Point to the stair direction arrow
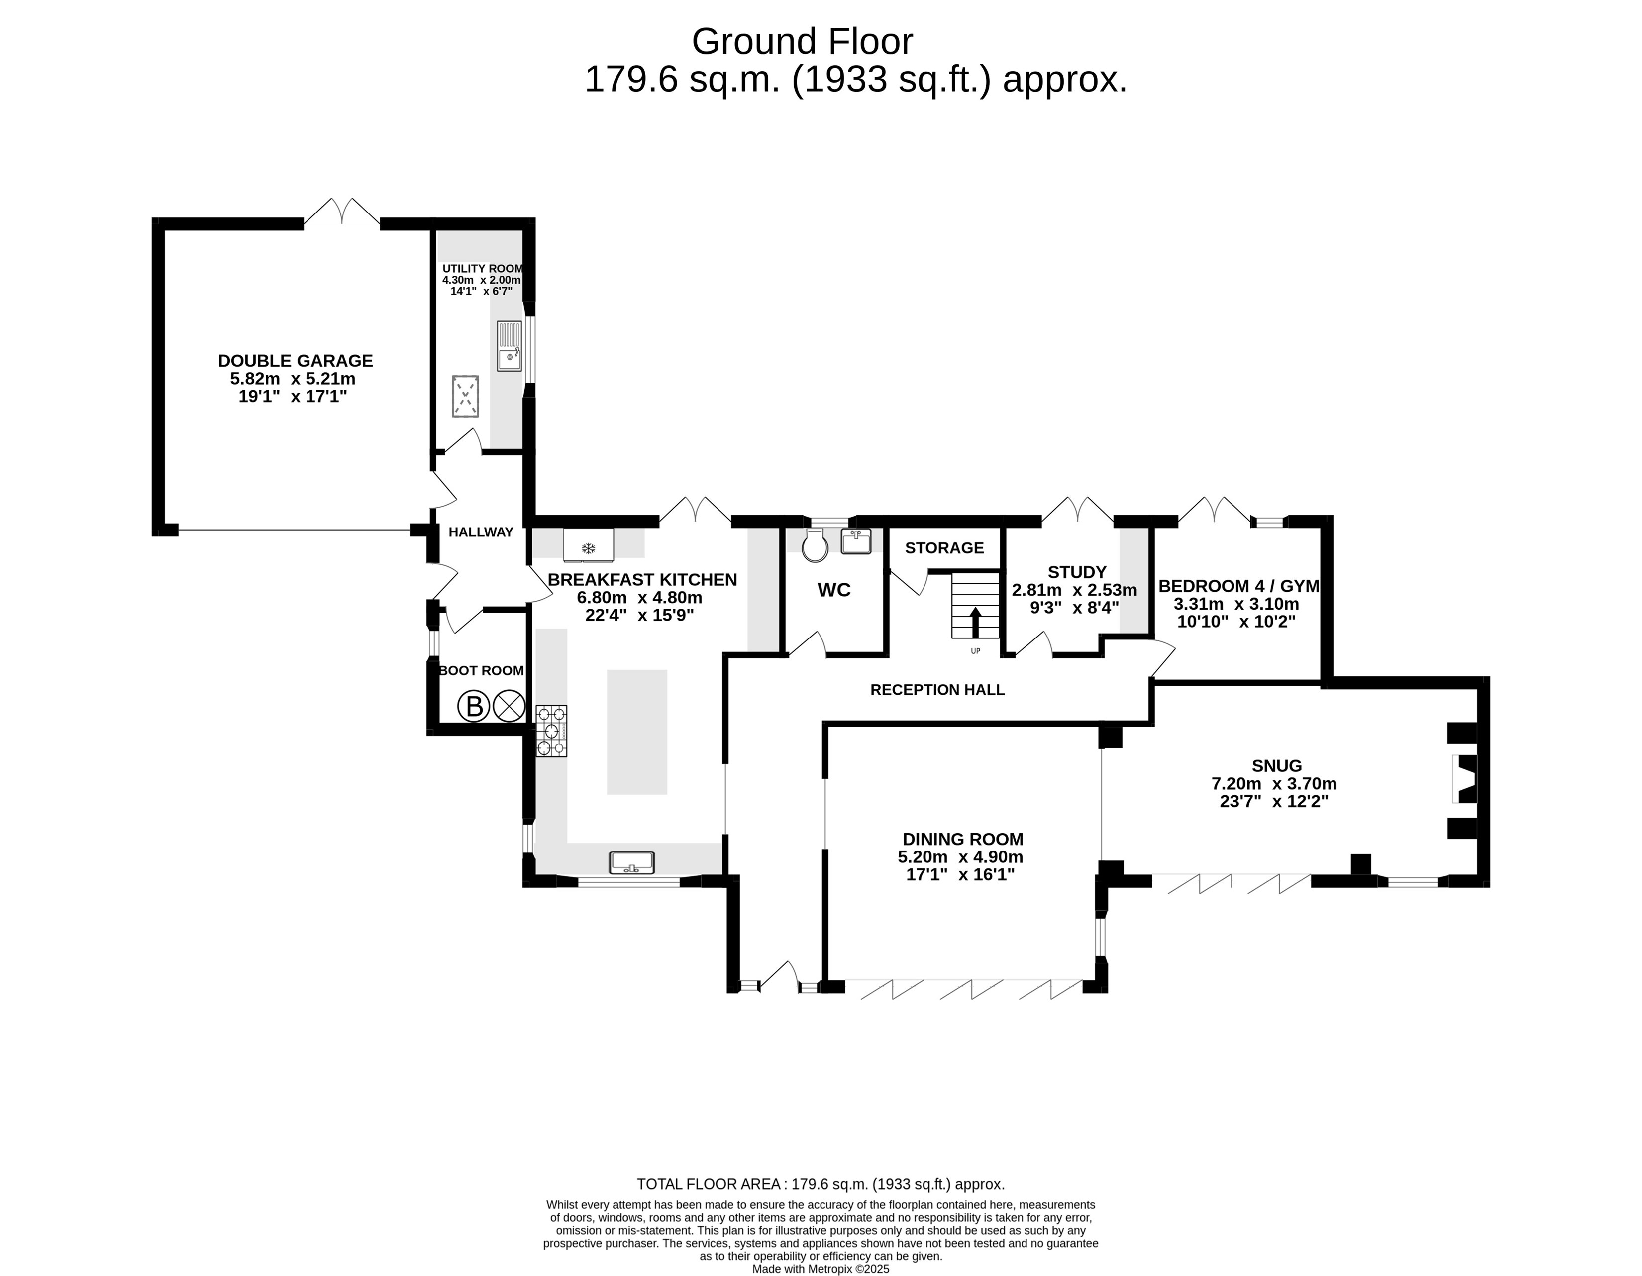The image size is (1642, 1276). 975,622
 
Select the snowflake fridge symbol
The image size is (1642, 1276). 589,549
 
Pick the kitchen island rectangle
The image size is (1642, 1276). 637,732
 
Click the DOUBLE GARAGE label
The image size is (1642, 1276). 296,361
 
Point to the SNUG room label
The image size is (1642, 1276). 1277,765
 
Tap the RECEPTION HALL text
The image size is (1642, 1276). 937,689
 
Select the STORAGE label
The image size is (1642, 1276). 944,547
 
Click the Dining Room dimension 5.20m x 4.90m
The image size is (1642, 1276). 960,856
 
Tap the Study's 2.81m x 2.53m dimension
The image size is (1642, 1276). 1074,590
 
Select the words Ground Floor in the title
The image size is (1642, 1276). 802,41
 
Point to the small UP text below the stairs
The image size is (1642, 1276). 975,651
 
